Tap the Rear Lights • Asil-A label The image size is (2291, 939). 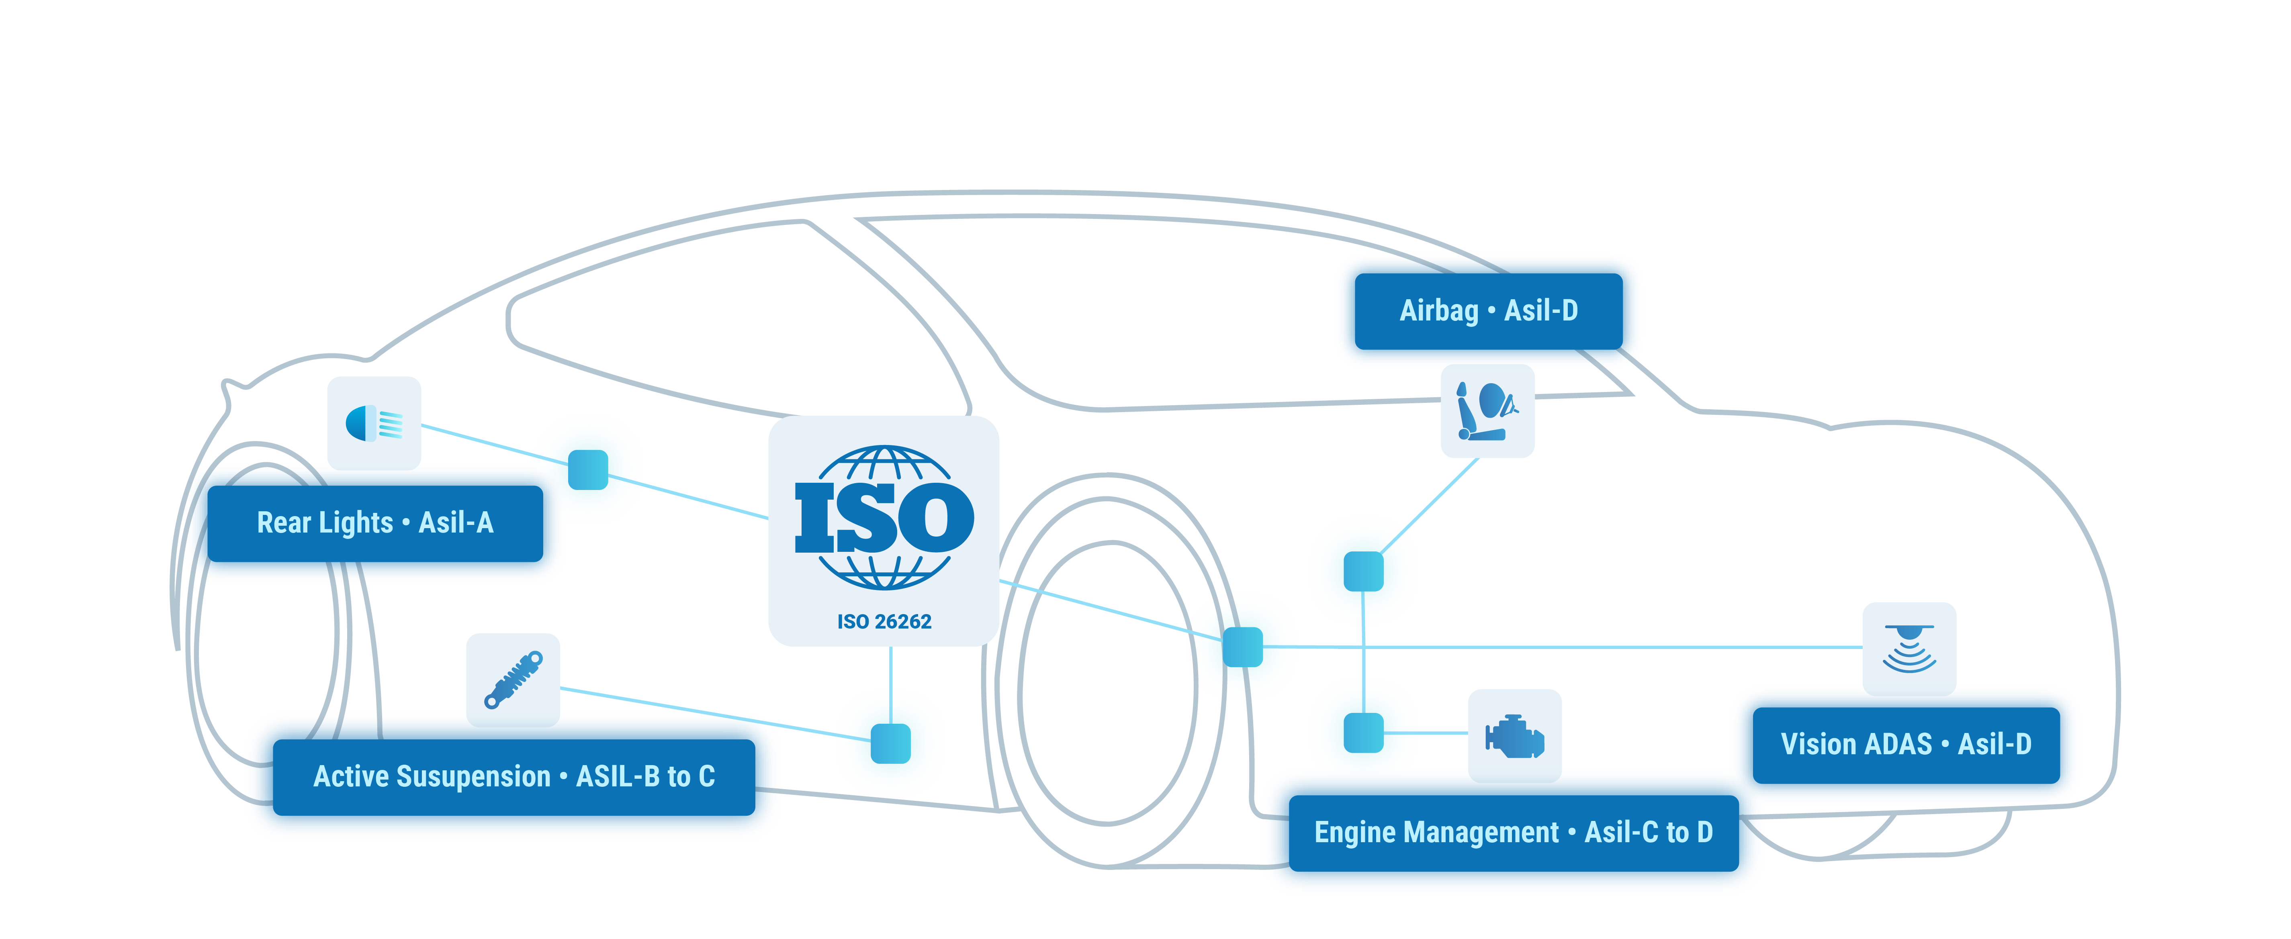pyautogui.click(x=374, y=523)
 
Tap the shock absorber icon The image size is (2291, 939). pyautogui.click(x=513, y=680)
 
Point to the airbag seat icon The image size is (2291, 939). pyautogui.click(x=1487, y=411)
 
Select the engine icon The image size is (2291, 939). pyautogui.click(x=1515, y=735)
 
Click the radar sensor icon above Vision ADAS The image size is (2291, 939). pyautogui.click(x=1908, y=648)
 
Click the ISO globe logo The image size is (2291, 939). pyautogui.click(x=884, y=518)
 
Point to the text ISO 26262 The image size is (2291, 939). pyautogui.click(x=884, y=622)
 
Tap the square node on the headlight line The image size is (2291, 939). pyautogui.click(x=588, y=469)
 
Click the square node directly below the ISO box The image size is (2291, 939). pyautogui.click(x=890, y=743)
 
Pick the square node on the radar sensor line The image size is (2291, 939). pyautogui.click(x=1242, y=647)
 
